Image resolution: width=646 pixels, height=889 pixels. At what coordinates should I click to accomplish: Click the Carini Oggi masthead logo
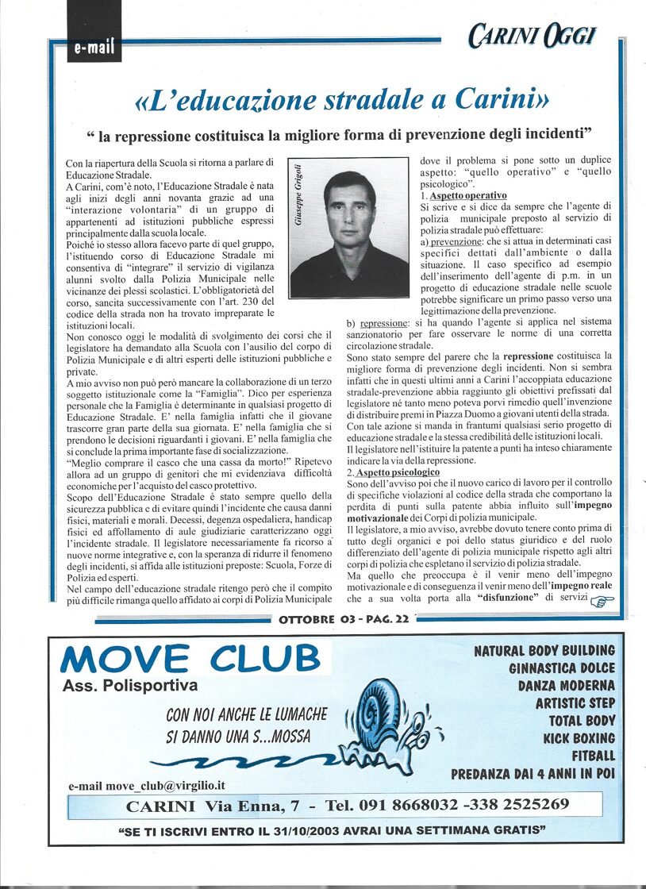click(x=532, y=36)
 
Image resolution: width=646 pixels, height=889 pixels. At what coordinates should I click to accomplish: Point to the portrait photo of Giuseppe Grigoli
click(x=349, y=227)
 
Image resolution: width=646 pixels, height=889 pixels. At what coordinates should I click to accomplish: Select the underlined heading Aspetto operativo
click(x=468, y=195)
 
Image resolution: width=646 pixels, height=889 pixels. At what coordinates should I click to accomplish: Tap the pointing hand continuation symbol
click(x=603, y=601)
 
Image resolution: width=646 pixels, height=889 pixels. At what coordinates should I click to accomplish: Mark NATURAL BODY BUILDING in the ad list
click(x=544, y=651)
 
